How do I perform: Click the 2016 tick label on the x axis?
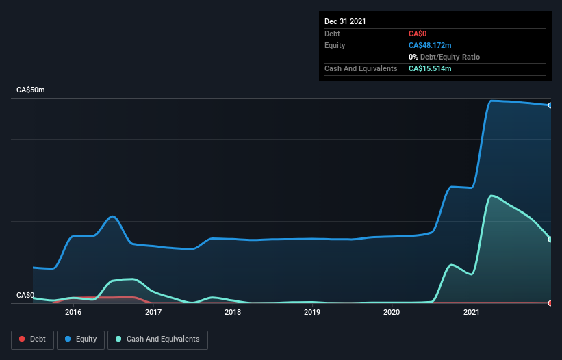73,313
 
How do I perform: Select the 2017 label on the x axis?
153,313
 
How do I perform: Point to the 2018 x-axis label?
233,313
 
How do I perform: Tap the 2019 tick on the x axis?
312,313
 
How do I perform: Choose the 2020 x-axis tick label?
392,313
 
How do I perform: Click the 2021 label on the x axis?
472,313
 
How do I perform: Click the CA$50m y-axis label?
30,90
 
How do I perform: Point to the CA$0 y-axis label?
25,296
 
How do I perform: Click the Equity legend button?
81,339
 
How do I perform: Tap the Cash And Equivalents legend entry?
157,339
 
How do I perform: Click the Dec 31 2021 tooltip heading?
345,21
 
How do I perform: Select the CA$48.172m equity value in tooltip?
430,45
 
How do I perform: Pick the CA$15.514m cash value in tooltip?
430,68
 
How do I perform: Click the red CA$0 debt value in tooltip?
418,34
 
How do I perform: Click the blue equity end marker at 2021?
550,105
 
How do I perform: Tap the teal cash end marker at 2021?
550,240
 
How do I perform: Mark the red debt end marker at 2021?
550,303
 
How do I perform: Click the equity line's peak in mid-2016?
113,216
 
